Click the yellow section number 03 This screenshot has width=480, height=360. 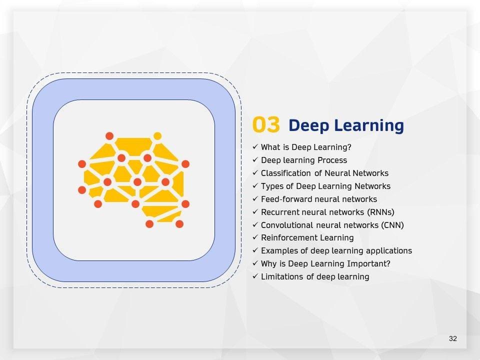click(266, 125)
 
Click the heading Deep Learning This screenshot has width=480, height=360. click(346, 125)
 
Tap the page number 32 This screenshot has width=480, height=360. click(453, 338)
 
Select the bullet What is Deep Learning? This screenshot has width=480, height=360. click(306, 147)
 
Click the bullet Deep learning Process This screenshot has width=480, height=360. click(303, 160)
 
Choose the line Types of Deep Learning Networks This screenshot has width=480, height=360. click(325, 186)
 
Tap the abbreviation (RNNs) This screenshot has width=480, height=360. click(379, 212)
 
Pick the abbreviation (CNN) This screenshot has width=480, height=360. click(392, 225)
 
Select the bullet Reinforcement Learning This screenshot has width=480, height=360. click(307, 238)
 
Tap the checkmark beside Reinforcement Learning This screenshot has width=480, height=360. click(255, 237)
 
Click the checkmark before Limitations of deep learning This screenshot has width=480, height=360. click(255, 276)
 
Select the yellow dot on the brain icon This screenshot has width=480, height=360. click(157, 136)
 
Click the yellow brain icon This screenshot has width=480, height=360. click(134, 180)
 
